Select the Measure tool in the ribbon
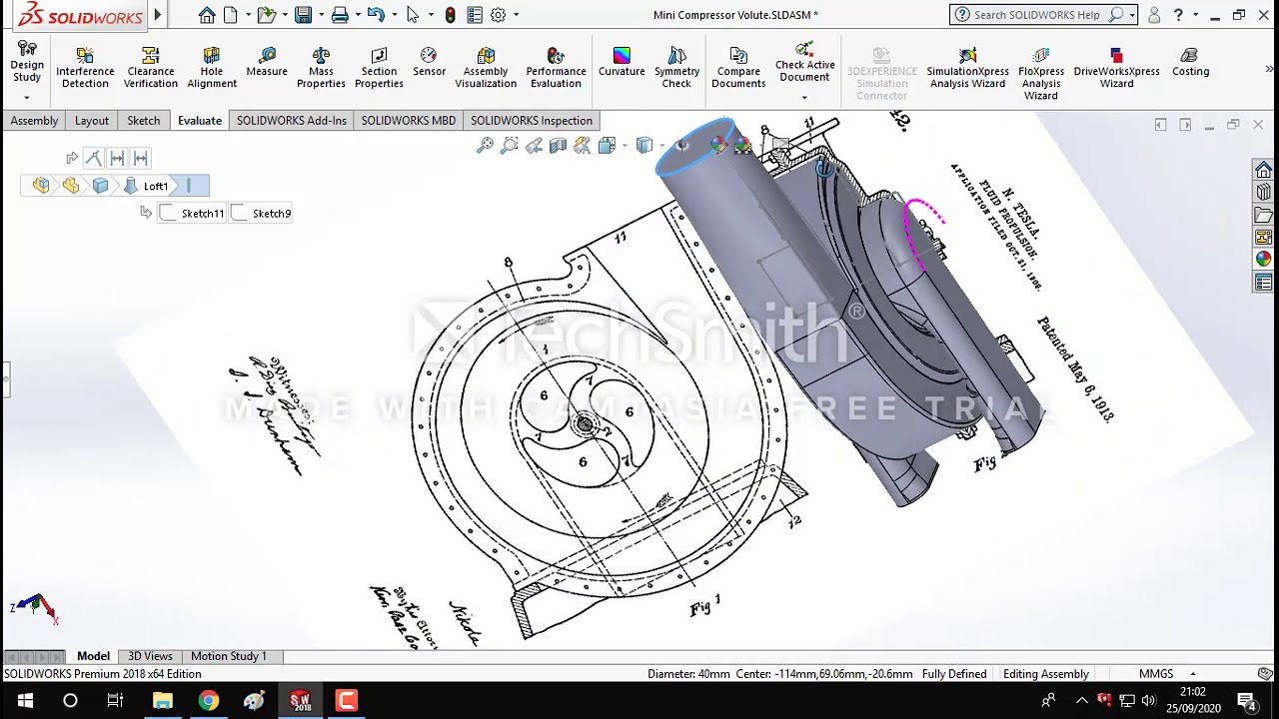tap(267, 62)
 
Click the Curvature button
tap(622, 62)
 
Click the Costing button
tap(1190, 62)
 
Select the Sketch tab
tap(143, 121)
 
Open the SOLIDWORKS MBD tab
tap(408, 121)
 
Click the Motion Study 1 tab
tap(228, 656)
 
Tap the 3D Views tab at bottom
tap(150, 656)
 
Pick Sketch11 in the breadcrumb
tap(202, 213)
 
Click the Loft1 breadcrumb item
tap(155, 186)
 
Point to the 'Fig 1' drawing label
tap(704, 606)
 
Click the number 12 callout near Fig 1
tap(794, 521)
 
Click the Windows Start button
tap(24, 700)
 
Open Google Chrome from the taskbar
tap(208, 700)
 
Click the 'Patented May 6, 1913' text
tap(1075, 368)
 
